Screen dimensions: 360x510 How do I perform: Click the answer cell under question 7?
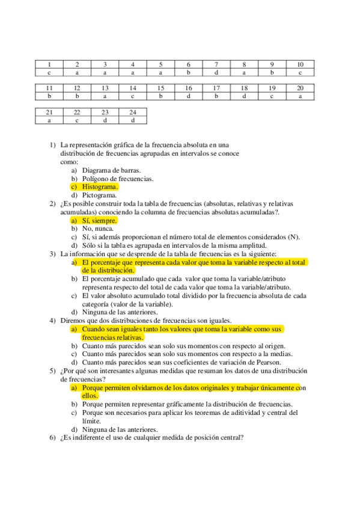coord(216,72)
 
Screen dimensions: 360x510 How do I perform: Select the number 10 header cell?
coord(301,64)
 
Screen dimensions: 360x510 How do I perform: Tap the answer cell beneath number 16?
coord(189,96)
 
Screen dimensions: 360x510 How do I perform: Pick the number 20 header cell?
coord(301,88)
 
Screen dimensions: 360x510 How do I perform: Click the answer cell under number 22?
coord(77,120)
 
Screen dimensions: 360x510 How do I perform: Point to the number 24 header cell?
coord(133,112)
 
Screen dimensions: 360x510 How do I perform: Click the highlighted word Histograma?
coord(100,187)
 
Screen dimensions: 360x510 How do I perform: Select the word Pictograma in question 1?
coord(100,195)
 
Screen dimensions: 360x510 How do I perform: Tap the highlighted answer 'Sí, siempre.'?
coord(99,221)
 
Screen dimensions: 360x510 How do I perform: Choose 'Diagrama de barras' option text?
coord(111,170)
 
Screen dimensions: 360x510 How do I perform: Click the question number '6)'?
coord(52,438)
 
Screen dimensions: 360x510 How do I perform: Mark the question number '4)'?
coord(52,321)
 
